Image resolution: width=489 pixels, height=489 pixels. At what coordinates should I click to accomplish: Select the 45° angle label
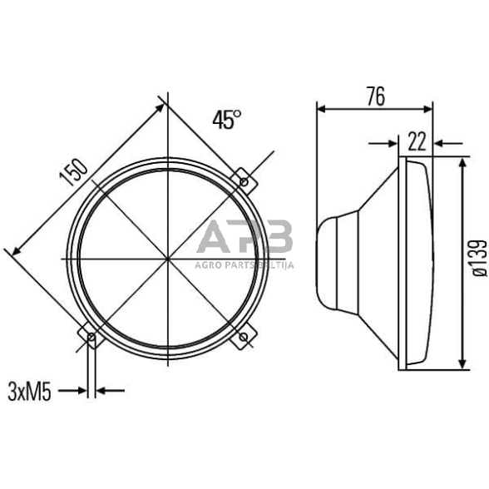[x=226, y=120]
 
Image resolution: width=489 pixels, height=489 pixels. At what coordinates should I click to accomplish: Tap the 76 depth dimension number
[x=375, y=96]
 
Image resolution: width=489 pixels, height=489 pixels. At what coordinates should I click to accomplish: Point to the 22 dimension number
[x=417, y=141]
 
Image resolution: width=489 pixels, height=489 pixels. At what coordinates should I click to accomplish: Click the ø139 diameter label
[x=477, y=258]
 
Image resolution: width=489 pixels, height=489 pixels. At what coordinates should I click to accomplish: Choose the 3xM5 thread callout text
[x=29, y=391]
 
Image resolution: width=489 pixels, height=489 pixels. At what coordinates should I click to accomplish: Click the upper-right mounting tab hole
[x=243, y=180]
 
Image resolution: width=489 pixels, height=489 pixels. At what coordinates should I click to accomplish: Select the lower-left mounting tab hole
[x=91, y=337]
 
